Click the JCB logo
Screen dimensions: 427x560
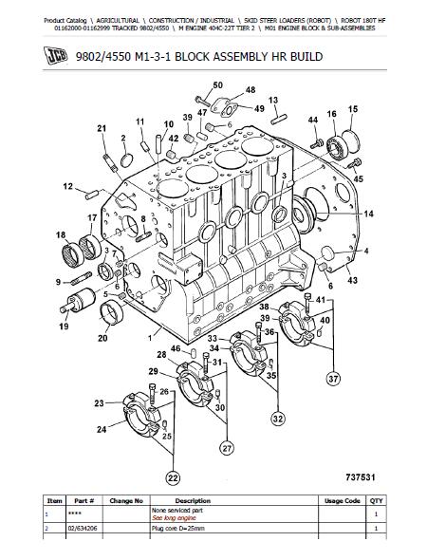coord(56,56)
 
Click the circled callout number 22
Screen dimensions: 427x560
coord(173,478)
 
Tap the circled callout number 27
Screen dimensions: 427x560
coord(227,448)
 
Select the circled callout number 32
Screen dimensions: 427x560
coord(278,419)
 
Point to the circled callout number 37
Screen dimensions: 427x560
coord(333,379)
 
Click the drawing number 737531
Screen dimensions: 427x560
coord(361,477)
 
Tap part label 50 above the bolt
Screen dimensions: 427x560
coord(217,85)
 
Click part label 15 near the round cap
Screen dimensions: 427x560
coord(353,109)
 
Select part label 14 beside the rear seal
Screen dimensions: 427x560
coord(368,214)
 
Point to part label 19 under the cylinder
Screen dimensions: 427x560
coord(64,327)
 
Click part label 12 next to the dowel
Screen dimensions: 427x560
coord(67,186)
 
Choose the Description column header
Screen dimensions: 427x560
coord(193,501)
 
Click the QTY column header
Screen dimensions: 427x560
coord(377,501)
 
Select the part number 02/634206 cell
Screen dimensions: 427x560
coord(83,529)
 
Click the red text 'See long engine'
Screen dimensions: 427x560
coord(174,518)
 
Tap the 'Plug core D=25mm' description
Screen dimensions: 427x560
coord(178,529)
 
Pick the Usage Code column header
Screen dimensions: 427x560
coord(342,501)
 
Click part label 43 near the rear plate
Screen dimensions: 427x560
coord(352,280)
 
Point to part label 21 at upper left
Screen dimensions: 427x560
coord(102,128)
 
